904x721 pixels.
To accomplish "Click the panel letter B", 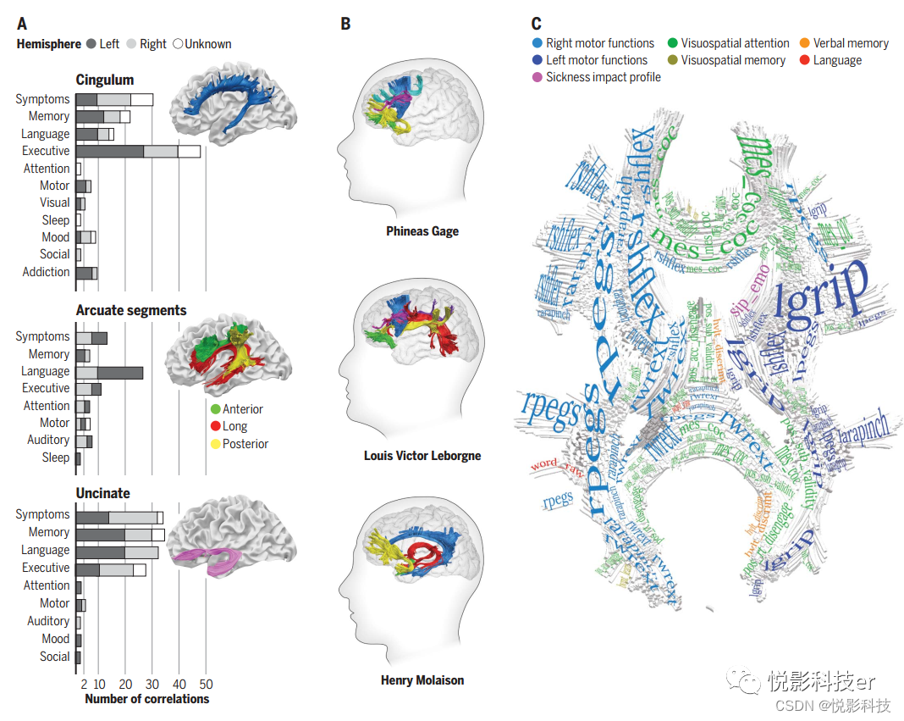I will pos(345,24).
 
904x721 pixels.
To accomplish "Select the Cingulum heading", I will pos(104,80).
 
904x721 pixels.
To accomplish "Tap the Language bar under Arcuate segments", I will pos(109,371).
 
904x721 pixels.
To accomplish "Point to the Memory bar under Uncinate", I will pos(119,533).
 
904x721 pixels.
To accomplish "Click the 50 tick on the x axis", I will pos(205,684).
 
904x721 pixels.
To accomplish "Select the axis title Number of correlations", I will pos(146,699).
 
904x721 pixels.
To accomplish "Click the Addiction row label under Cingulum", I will pos(46,272).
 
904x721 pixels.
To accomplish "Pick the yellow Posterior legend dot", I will pos(215,444).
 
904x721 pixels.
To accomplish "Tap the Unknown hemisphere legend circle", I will pos(178,44).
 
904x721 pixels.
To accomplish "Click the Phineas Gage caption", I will pos(422,231).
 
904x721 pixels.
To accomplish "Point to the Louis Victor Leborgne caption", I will pos(422,456).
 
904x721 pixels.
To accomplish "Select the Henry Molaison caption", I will pos(422,680).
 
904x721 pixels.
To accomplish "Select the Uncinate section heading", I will pos(102,493).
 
